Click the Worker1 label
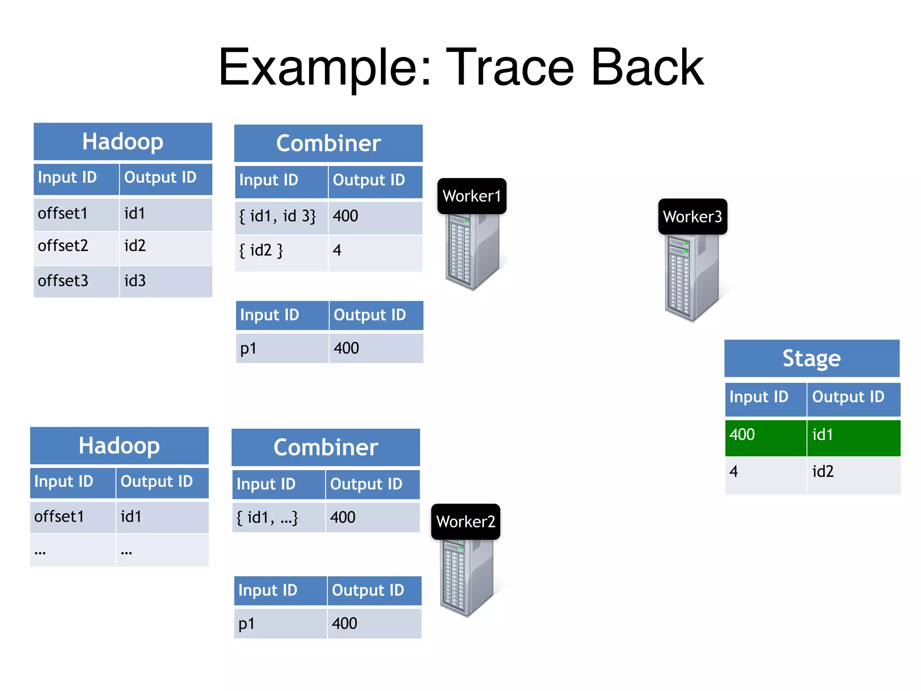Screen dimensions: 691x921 [471, 196]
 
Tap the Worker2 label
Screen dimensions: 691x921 [465, 522]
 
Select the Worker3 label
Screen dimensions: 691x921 [692, 217]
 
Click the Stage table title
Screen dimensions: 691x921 [811, 359]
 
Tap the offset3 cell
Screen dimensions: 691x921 [76, 281]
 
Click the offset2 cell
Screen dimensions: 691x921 [76, 247]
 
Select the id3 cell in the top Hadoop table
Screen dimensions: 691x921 [165, 281]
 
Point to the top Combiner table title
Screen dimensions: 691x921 [328, 144]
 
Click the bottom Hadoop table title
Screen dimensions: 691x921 [119, 446]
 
